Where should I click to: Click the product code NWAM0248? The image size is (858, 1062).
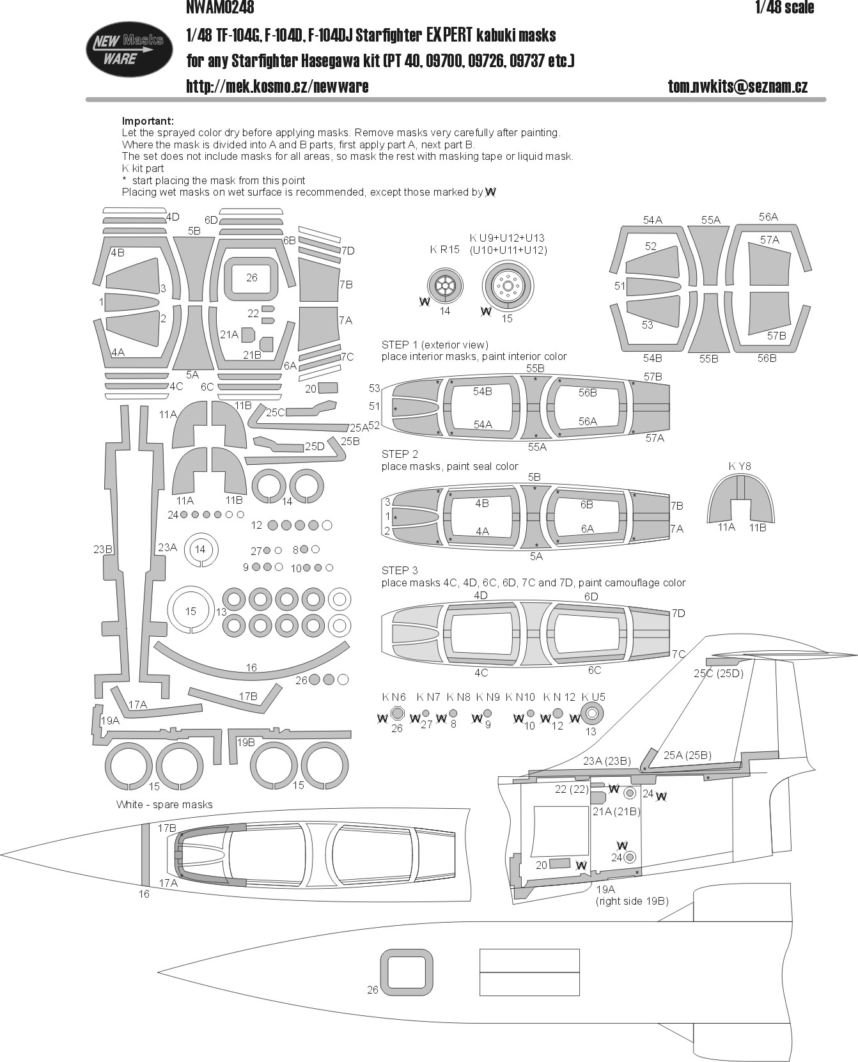[221, 8]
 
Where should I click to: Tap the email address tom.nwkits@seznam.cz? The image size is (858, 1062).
[738, 86]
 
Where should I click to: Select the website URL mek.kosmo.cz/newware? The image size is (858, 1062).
[277, 86]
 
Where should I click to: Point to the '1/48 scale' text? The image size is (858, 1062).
[784, 8]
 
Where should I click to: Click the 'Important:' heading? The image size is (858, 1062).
[148, 121]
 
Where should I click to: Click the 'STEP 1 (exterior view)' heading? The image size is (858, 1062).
[435, 345]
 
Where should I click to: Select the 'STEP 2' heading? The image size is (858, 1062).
[400, 454]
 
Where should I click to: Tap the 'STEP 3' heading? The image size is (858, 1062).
[400, 570]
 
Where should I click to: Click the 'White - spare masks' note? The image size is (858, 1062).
[164, 804]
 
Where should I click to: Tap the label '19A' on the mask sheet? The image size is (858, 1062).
[110, 721]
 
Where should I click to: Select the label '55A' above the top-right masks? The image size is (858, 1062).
[710, 220]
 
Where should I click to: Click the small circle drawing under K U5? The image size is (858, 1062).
[592, 714]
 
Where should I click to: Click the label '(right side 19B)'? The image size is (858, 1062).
[632, 901]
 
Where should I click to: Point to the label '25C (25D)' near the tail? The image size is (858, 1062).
[719, 673]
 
